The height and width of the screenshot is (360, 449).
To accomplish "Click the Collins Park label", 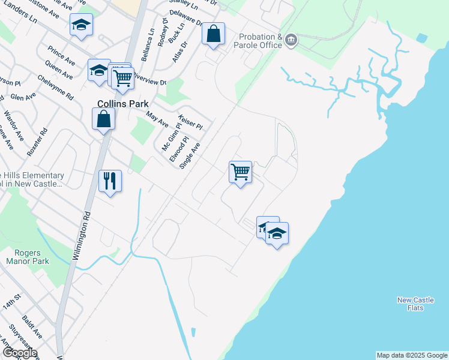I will (123, 104).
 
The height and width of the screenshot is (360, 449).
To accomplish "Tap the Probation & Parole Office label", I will (260, 41).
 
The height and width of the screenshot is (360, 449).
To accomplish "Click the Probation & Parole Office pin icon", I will (291, 40).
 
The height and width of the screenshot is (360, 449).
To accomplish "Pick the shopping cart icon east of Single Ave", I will (240, 172).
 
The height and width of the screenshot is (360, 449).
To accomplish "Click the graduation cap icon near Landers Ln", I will (81, 25).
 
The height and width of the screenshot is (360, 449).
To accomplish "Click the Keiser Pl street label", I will (191, 122).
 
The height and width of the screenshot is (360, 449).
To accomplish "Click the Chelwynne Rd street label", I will (55, 87).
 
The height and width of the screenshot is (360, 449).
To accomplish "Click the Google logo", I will (19, 353).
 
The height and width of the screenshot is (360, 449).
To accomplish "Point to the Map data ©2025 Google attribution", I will (412, 355).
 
